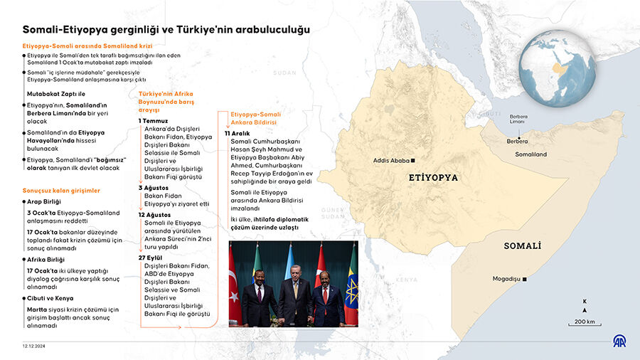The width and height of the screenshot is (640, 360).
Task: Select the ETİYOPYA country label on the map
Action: (x=434, y=178)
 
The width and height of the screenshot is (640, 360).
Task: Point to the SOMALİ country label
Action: (x=523, y=245)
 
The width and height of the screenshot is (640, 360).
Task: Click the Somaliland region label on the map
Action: (x=531, y=154)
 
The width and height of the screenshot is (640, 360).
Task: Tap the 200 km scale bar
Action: (x=585, y=324)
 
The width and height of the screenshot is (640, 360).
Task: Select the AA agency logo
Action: (x=620, y=342)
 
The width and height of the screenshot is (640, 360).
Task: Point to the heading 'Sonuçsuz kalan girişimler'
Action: (x=61, y=191)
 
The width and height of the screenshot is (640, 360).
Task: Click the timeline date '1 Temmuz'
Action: (x=152, y=121)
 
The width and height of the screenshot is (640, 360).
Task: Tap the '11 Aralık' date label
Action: (x=238, y=133)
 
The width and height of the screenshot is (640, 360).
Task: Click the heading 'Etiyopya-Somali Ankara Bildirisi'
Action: (x=255, y=117)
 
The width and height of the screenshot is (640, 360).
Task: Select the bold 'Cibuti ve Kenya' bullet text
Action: (x=50, y=297)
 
